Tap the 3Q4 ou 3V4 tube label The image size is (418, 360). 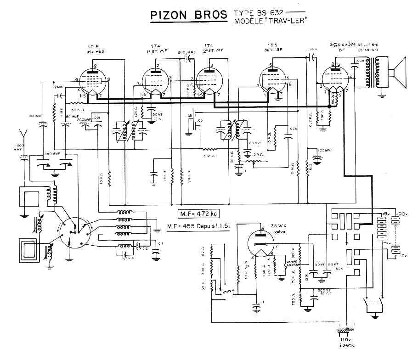340,45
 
